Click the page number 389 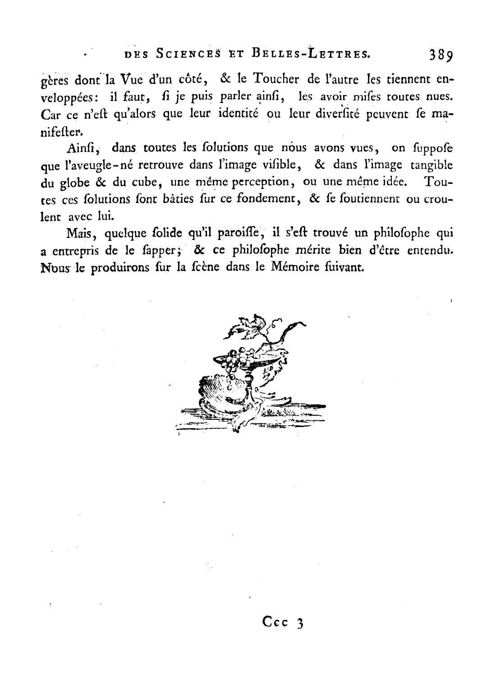(441, 55)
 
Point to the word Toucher (276, 79)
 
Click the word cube (143, 182)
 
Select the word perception (256, 182)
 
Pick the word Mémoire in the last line (293, 267)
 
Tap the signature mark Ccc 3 (283, 623)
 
